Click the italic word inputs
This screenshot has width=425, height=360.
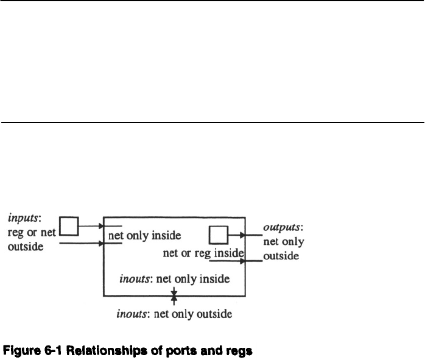(21, 216)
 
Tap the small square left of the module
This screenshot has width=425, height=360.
(69, 226)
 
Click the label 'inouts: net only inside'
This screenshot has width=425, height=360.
(174, 280)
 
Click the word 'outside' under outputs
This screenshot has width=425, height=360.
(280, 256)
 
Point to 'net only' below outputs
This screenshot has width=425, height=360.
(283, 242)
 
